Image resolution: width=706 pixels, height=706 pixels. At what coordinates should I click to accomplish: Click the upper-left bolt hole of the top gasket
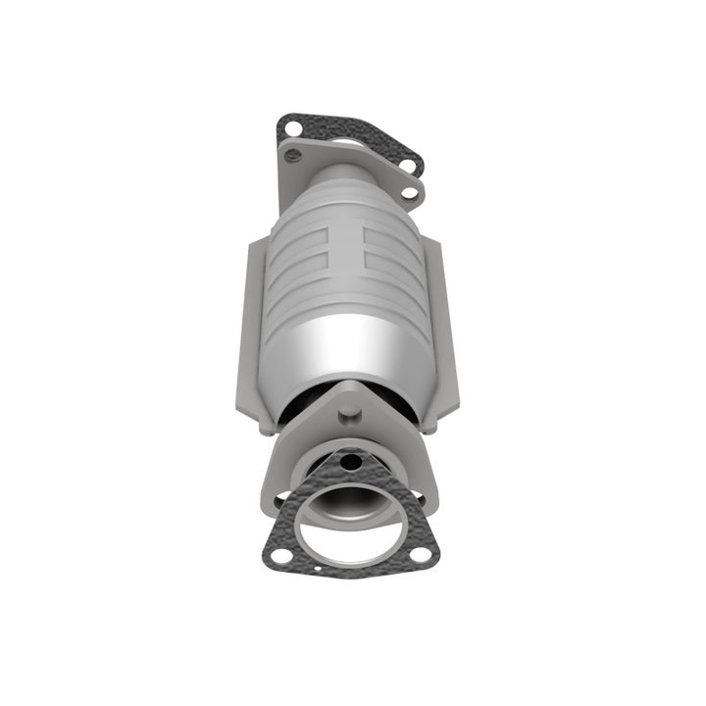point(290,126)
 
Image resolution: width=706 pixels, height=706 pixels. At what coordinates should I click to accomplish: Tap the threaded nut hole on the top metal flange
point(290,153)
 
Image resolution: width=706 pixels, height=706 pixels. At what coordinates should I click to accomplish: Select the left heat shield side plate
point(251,333)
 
